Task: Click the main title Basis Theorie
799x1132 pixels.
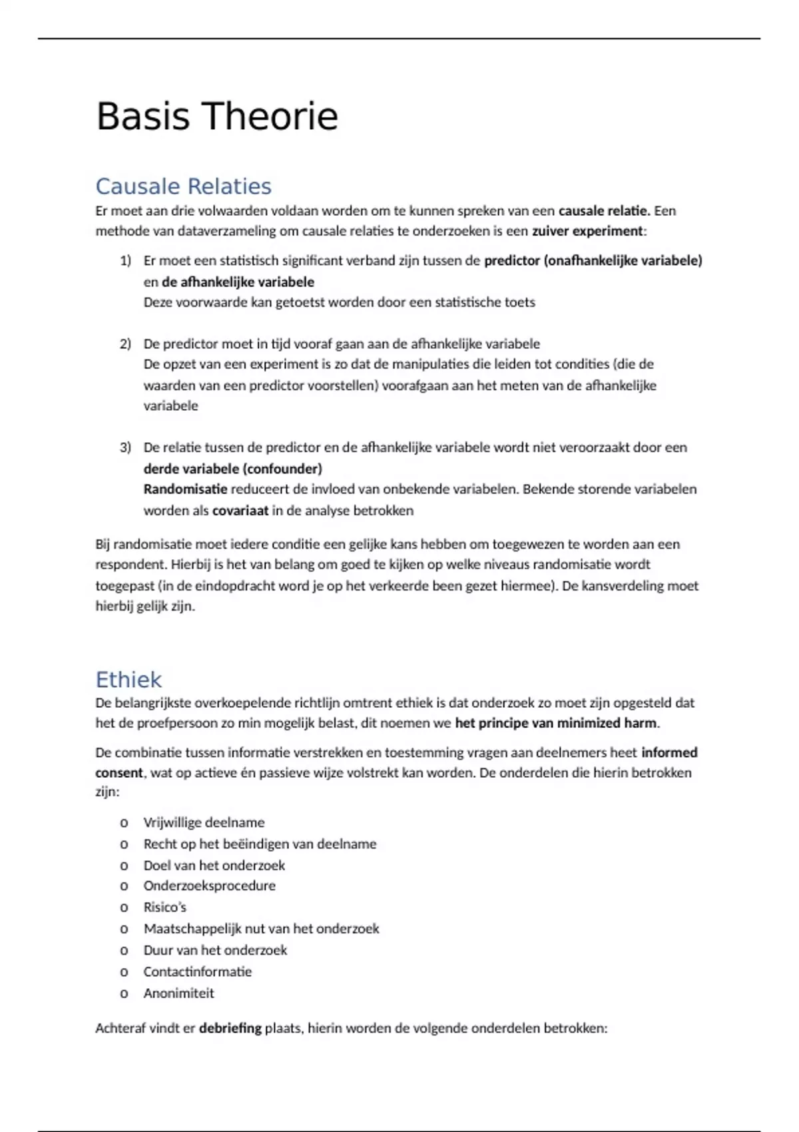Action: point(217,117)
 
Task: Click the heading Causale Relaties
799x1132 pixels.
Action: point(183,186)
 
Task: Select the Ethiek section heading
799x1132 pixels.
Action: point(129,680)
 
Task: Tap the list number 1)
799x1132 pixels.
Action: point(125,261)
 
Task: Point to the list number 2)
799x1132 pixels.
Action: point(125,344)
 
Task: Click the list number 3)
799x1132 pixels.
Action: point(125,447)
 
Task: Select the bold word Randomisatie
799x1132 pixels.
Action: point(185,489)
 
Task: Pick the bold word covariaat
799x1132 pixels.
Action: point(240,511)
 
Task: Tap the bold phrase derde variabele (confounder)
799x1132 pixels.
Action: point(232,469)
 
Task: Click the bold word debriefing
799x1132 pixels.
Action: point(230,1028)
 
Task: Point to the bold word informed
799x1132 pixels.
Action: point(669,752)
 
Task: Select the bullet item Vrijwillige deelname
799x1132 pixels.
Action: point(204,823)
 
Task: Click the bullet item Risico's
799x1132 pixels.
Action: point(164,908)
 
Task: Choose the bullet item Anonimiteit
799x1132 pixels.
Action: point(178,993)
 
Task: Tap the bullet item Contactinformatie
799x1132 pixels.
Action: point(198,972)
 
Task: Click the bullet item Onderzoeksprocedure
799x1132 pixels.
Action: point(209,886)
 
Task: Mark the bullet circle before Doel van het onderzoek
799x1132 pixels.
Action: point(124,866)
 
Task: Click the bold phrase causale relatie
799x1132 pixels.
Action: point(604,211)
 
